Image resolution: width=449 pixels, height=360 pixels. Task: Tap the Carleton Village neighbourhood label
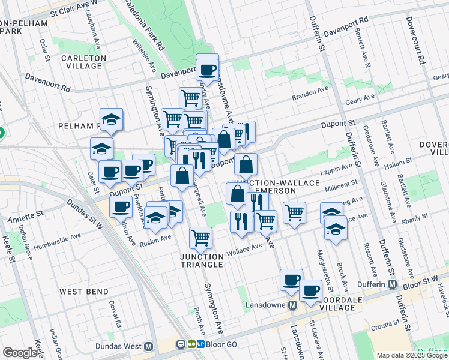(83, 62)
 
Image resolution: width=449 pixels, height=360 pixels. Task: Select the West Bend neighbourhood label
(83, 292)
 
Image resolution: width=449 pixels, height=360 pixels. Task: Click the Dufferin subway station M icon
(393, 284)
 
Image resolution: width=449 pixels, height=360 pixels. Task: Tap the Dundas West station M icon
(148, 346)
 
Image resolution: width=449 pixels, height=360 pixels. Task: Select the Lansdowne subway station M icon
(292, 305)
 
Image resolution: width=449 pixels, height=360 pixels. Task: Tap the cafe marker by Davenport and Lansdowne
(208, 70)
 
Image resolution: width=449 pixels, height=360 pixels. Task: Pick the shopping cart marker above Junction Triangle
(201, 237)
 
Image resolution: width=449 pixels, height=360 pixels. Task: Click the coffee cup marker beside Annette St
(121, 207)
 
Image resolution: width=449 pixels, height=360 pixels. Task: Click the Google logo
(19, 353)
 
